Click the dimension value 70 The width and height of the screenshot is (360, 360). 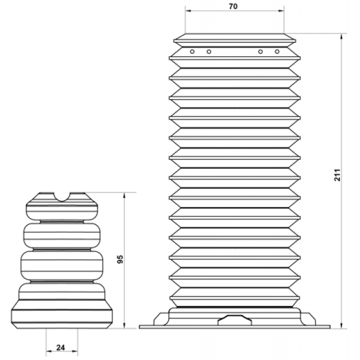tap(233, 6)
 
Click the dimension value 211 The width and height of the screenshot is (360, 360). tap(337, 175)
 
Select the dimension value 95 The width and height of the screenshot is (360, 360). tap(120, 259)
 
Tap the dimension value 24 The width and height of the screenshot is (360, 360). tap(61, 348)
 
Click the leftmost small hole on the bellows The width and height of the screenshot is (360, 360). tap(192, 52)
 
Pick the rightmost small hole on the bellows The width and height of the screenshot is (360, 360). tap(277, 52)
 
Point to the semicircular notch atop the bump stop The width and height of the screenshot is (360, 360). tap(62, 197)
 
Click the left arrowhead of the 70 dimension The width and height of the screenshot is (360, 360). tap(188, 11)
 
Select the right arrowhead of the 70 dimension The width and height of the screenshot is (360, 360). tap(281, 11)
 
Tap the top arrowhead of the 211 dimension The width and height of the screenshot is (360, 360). tap(341, 37)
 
